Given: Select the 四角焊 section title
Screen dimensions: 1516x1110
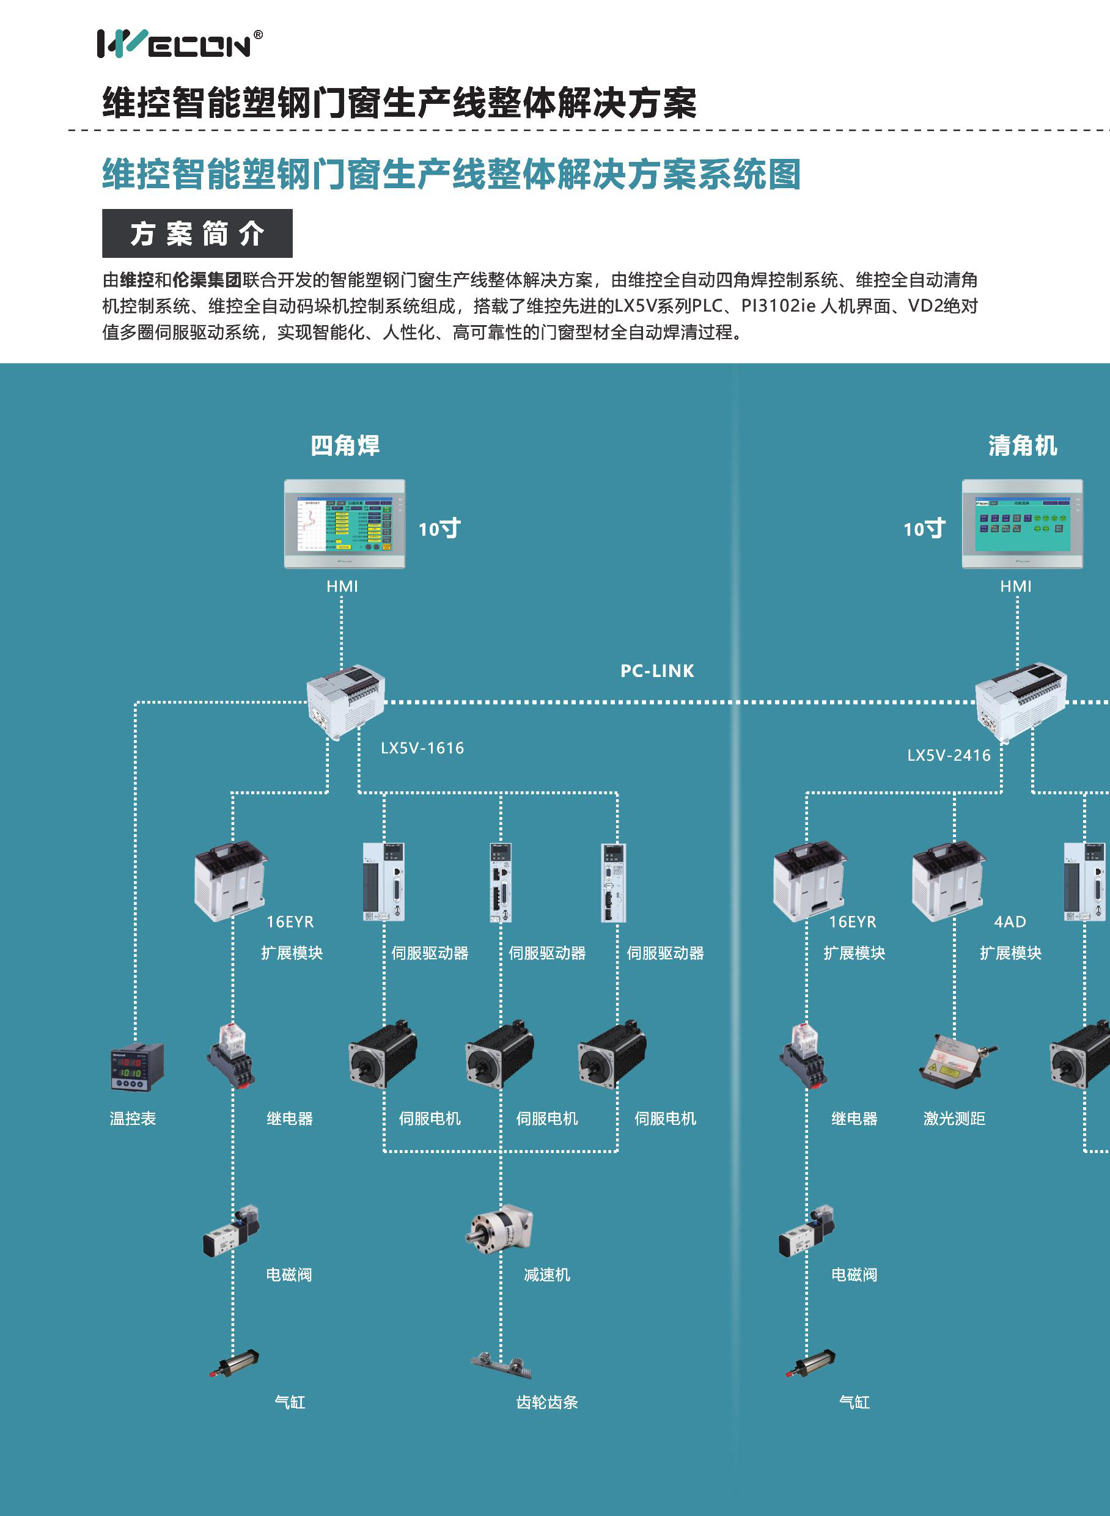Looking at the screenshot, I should click(x=345, y=445).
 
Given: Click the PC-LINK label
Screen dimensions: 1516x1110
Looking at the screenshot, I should click(x=656, y=670).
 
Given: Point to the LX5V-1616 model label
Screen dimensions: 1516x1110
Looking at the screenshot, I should click(x=422, y=747).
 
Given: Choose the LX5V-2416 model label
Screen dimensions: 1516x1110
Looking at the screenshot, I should click(x=948, y=755).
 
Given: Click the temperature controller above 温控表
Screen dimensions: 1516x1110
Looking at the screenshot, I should click(x=136, y=1067).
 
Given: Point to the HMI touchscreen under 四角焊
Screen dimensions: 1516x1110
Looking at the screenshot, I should click(x=344, y=523).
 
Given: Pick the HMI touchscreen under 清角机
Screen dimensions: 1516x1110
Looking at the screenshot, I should click(x=1021, y=523).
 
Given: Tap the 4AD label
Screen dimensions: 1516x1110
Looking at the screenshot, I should click(x=1009, y=921).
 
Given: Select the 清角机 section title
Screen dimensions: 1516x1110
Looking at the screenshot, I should click(x=1022, y=445).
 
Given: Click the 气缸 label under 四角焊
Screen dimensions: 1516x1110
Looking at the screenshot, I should click(x=290, y=1402).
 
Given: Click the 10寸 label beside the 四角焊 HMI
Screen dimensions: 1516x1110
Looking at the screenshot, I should click(x=439, y=529).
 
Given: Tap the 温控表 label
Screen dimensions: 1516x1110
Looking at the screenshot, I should click(x=133, y=1118).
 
